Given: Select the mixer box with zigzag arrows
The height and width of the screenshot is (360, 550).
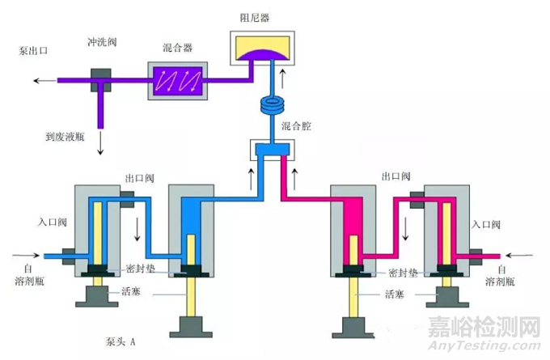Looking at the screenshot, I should pyautogui.click(x=176, y=80).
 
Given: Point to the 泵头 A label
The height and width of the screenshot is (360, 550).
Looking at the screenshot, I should pyautogui.click(x=127, y=341).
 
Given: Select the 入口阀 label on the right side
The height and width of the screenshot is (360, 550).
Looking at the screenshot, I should pyautogui.click(x=488, y=224).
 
